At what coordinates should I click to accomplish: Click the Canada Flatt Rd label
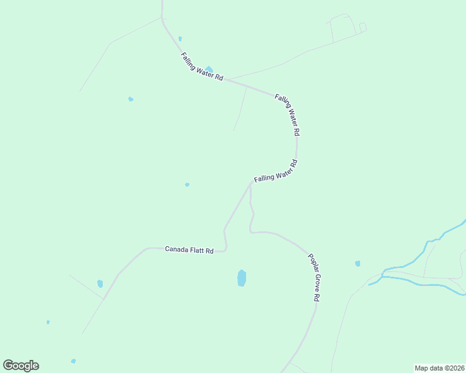pos(189,250)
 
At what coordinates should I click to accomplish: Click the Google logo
pos(21,366)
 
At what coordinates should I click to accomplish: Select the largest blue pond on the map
pos(242,278)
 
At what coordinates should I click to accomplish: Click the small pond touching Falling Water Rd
pos(209,69)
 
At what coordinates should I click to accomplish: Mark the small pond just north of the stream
pos(358,264)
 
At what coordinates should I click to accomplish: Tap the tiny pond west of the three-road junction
pos(187,185)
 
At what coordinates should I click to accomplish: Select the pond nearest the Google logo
pos(73,361)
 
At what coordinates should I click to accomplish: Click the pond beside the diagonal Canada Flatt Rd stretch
pos(100,283)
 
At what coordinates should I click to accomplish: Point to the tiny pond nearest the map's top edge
pos(180,39)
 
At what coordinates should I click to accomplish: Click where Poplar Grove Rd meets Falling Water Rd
pos(250,184)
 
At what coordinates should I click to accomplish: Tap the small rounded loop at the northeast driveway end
pos(363,27)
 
